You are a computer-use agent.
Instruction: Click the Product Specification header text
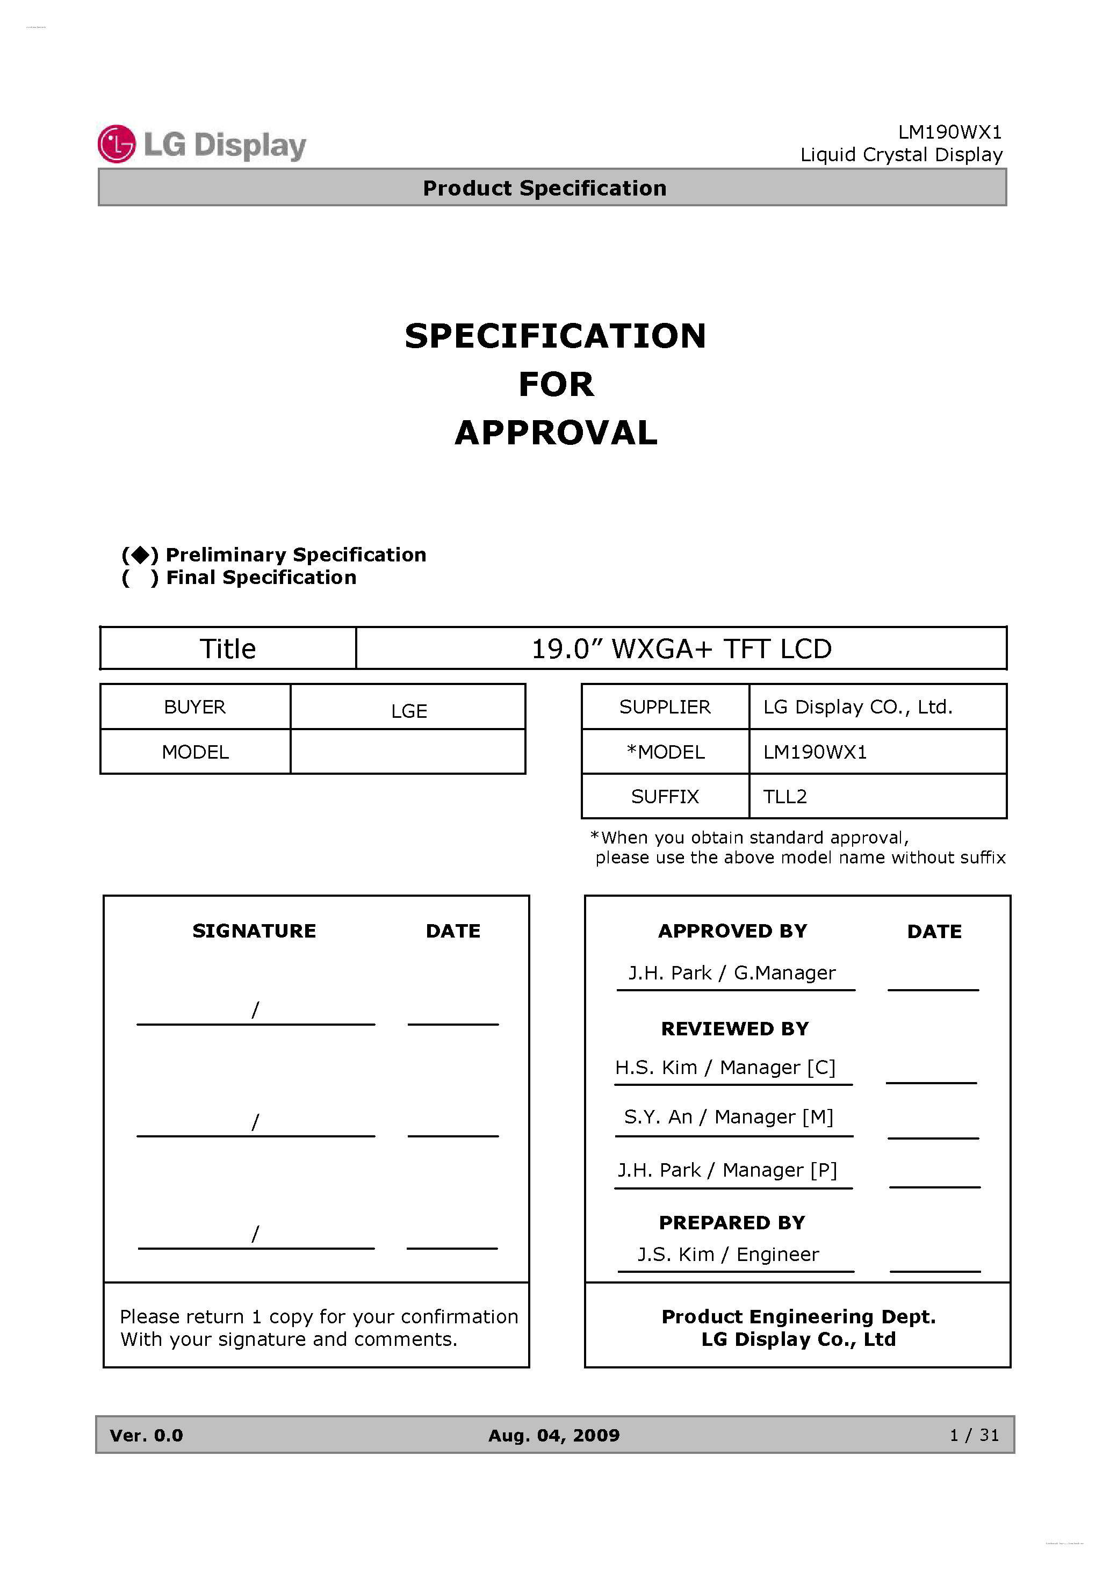(x=544, y=188)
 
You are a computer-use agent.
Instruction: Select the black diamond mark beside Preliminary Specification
(x=140, y=554)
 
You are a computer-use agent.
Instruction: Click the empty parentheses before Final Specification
(x=140, y=578)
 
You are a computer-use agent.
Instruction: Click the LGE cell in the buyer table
(x=408, y=711)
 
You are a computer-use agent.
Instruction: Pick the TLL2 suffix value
(x=785, y=796)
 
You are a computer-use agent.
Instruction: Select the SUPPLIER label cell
(x=665, y=707)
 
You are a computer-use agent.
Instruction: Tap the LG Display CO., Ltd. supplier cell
(x=857, y=707)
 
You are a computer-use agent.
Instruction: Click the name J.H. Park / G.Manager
(x=732, y=972)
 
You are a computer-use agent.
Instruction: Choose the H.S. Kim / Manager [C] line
(x=725, y=1068)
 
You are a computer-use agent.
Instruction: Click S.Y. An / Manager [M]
(x=728, y=1116)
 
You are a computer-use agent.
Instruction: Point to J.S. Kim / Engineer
(x=727, y=1254)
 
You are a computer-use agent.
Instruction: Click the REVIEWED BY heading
(x=734, y=1028)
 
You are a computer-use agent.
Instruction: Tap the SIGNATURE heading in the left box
(x=254, y=931)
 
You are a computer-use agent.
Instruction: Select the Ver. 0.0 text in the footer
(x=147, y=1435)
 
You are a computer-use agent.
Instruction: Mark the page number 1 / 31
(x=974, y=1435)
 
